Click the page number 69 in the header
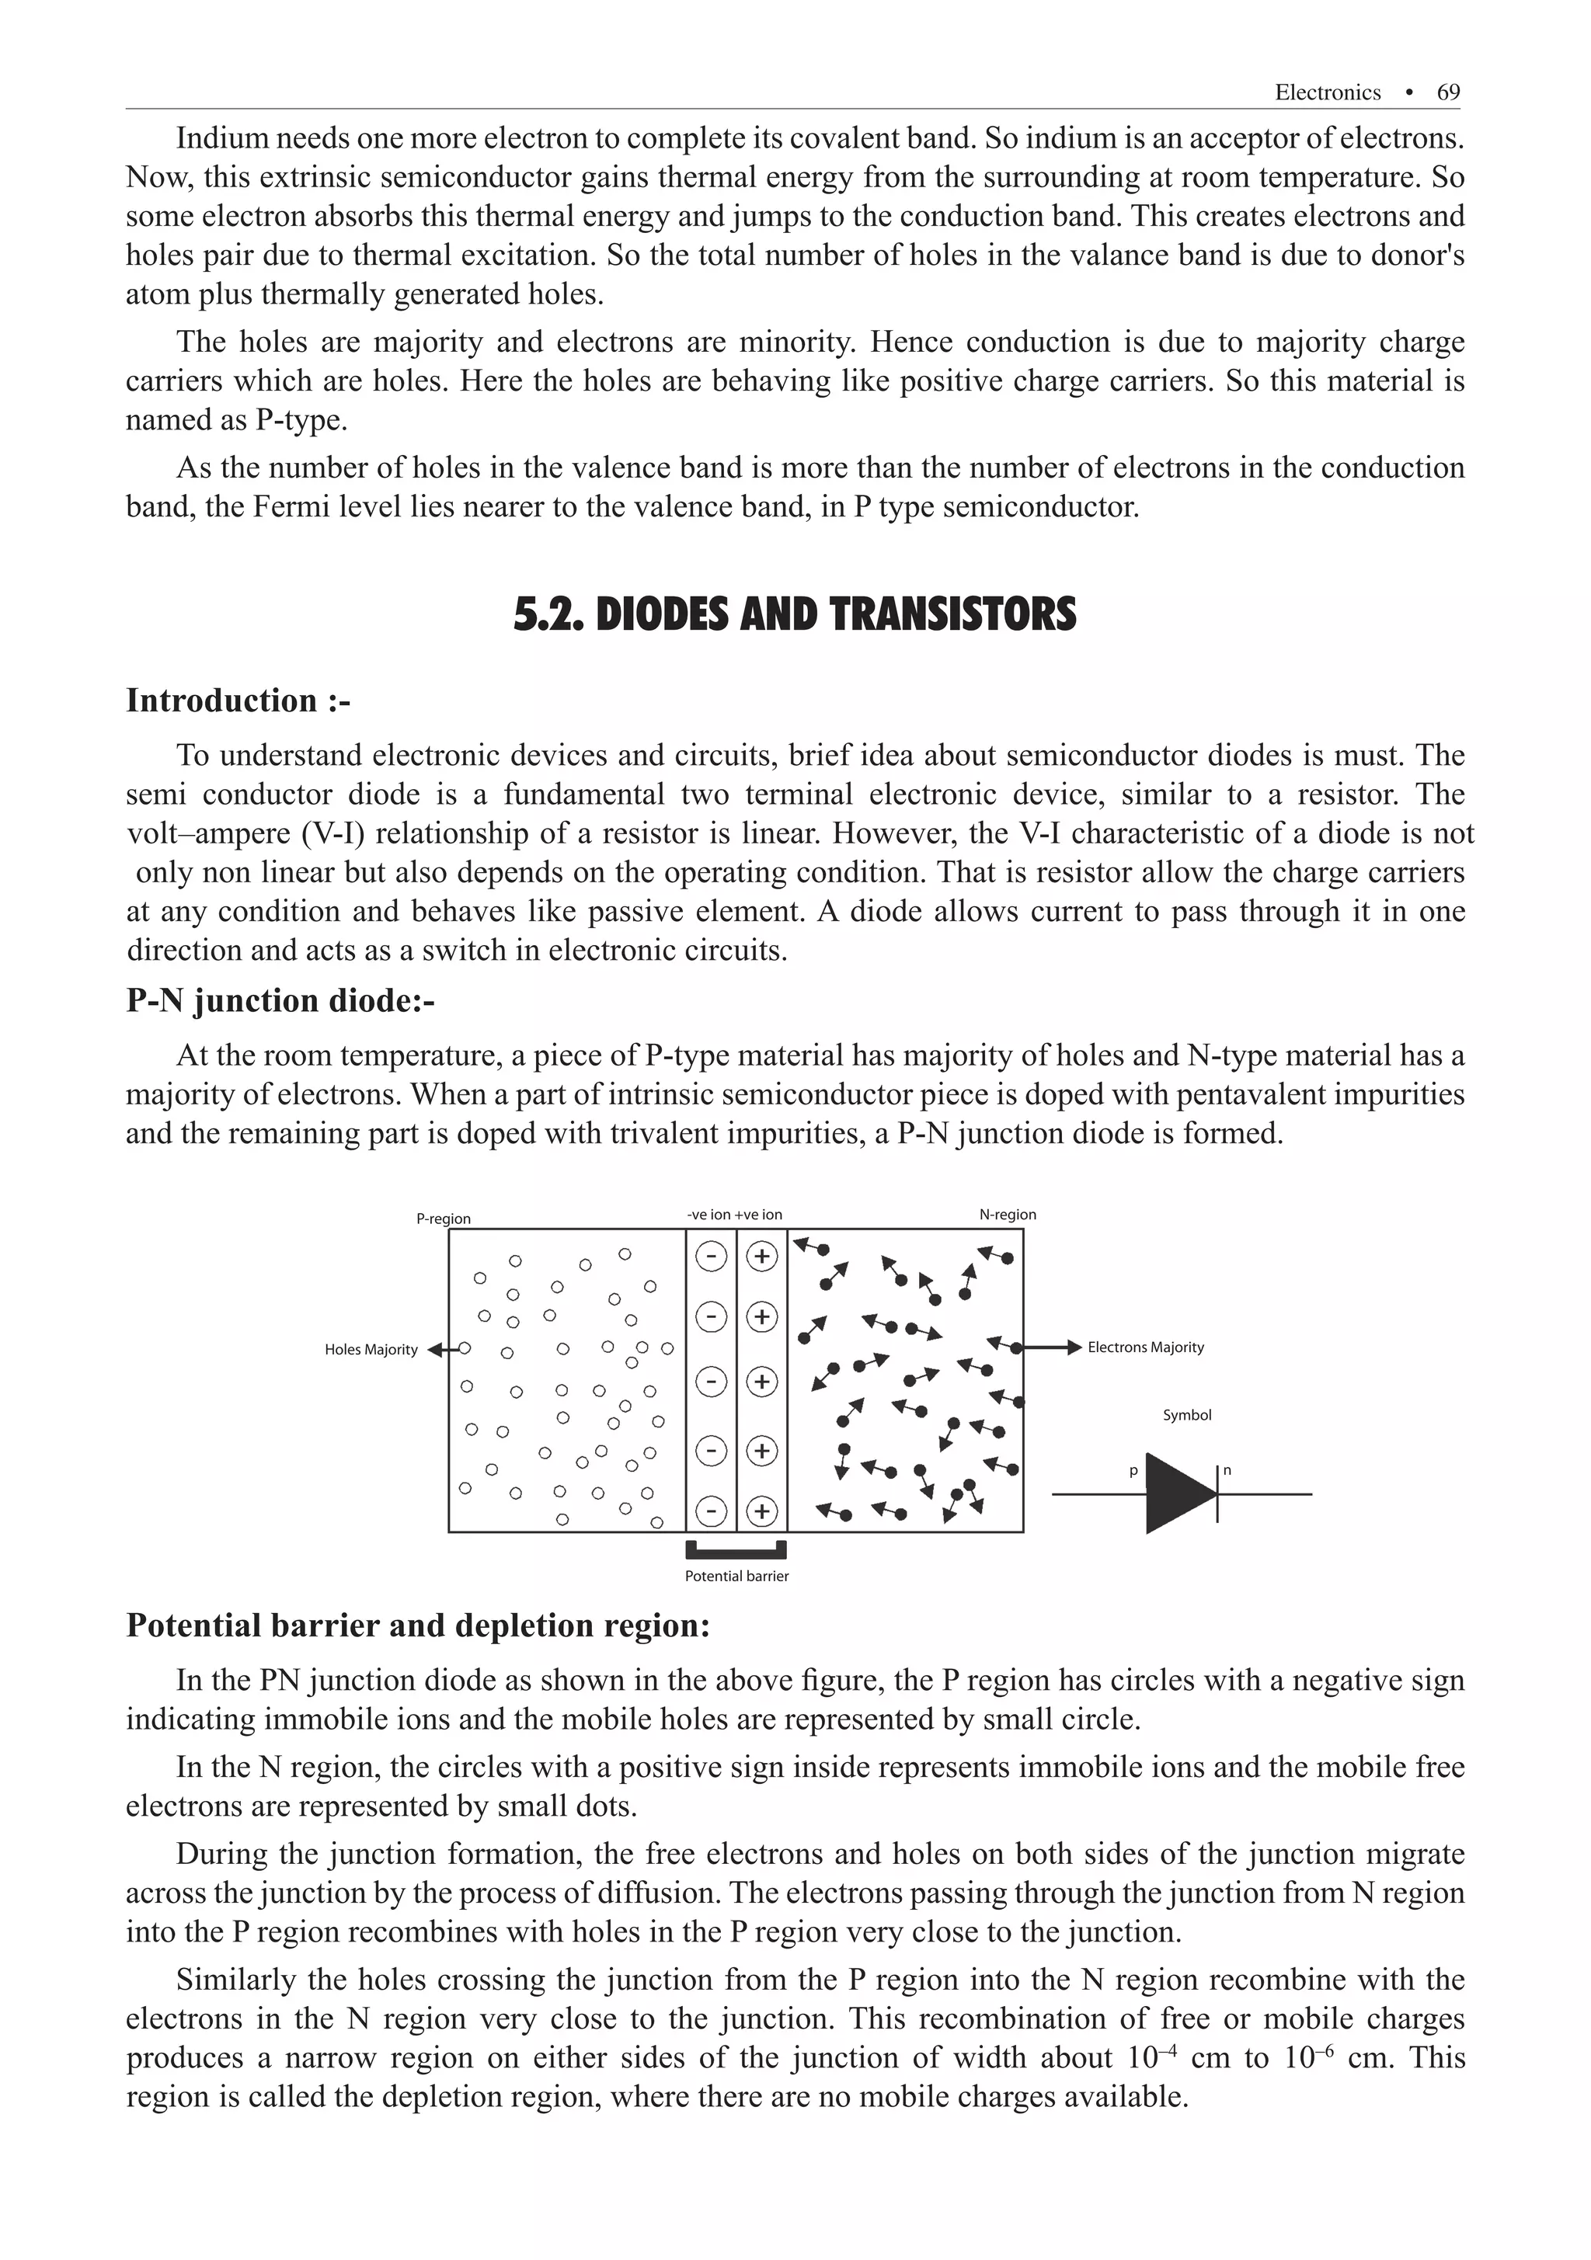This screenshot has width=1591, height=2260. click(1448, 92)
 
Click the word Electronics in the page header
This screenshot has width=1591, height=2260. click(1327, 92)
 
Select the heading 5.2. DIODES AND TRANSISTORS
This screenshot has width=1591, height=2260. click(795, 614)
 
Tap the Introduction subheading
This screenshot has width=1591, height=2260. click(238, 701)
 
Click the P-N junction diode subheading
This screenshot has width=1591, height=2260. click(280, 1001)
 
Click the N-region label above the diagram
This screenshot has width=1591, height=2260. click(1007, 1215)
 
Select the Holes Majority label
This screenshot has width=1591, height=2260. click(371, 1350)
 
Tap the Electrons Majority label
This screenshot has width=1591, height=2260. click(1145, 1347)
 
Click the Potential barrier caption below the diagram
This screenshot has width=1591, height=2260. click(736, 1576)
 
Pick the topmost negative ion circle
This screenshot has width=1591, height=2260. click(711, 1256)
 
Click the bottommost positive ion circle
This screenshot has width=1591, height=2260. click(761, 1511)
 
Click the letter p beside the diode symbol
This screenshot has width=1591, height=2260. click(1133, 1472)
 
